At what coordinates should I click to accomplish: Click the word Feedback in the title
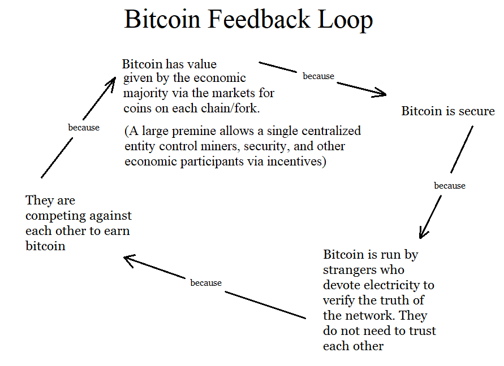(x=259, y=19)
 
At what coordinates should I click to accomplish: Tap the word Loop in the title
(x=345, y=20)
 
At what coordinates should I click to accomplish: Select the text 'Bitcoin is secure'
(x=448, y=111)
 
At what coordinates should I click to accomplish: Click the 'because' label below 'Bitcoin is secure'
(x=450, y=186)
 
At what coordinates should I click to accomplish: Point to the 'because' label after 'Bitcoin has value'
(x=318, y=76)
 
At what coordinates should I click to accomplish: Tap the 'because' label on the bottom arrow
(x=206, y=283)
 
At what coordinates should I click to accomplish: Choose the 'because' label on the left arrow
(x=84, y=128)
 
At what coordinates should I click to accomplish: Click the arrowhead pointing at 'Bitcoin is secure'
(x=381, y=93)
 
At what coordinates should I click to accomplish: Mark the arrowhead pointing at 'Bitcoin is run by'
(x=423, y=233)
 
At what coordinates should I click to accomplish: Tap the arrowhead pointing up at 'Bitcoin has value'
(x=111, y=83)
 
